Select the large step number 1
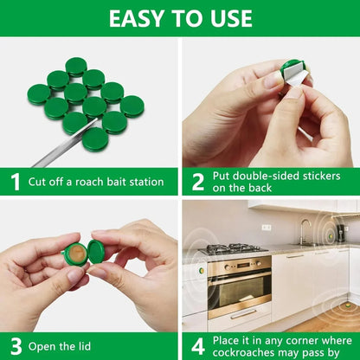[15, 182]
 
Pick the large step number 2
[197, 182]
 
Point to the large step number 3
[15, 346]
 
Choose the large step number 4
[197, 346]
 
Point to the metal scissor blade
[65, 147]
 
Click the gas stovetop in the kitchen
[235, 250]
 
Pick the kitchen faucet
[304, 230]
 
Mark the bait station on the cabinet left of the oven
[201, 269]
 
